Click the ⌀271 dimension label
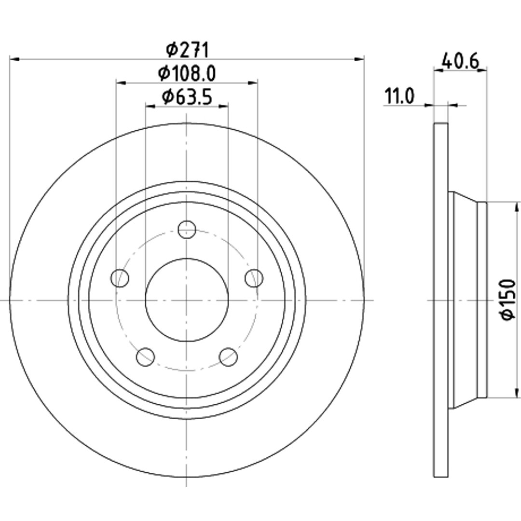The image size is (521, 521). tap(187, 50)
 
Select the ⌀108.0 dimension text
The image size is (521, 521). tap(187, 73)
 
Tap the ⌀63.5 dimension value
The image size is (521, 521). tap(187, 97)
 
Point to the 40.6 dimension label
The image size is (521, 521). tap(460, 61)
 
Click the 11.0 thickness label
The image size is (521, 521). tap(399, 96)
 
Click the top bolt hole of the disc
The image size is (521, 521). tap(187, 229)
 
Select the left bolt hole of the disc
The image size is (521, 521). tap(120, 278)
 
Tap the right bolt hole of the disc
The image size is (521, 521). tap(254, 278)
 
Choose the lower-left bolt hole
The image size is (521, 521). tap(145, 357)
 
